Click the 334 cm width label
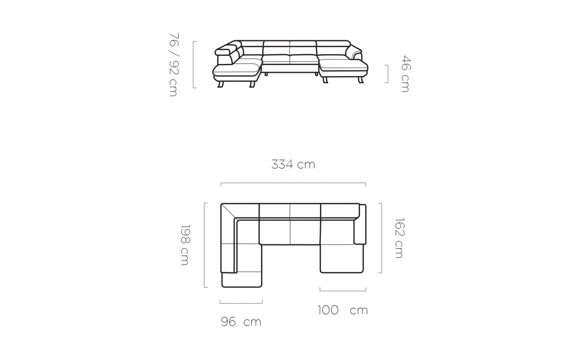(293, 165)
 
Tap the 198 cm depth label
(184, 245)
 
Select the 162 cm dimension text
(399, 238)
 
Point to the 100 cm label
(342, 310)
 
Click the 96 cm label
(241, 322)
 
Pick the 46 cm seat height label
(405, 74)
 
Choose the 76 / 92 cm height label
(174, 64)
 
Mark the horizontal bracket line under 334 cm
(293, 183)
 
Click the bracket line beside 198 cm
(204, 245)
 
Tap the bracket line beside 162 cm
(382, 238)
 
